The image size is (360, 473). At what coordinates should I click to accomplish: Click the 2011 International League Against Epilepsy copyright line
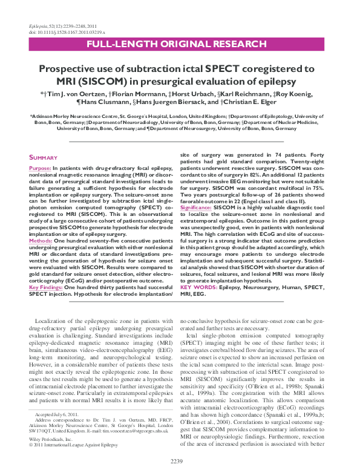(76, 428)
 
